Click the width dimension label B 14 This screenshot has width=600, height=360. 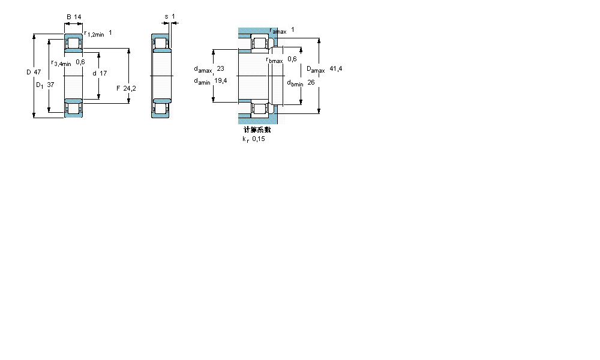73,17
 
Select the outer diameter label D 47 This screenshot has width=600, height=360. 34,72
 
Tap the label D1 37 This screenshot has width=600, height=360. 45,85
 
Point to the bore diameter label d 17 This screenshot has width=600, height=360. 100,73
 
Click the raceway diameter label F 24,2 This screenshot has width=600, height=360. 126,88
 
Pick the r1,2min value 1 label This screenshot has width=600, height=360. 97,34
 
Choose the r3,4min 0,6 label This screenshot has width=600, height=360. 68,62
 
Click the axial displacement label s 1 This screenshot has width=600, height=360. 170,16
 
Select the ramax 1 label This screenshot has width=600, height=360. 282,30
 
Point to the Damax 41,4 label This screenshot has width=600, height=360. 324,70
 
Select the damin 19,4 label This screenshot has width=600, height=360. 209,81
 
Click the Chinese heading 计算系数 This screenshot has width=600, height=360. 257,130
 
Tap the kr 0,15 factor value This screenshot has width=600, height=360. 253,139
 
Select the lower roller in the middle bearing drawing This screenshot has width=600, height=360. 161,108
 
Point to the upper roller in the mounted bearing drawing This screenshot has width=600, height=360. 260,44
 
